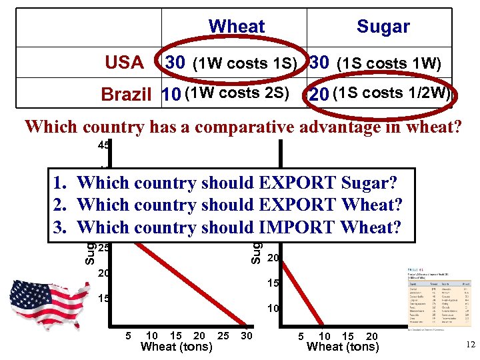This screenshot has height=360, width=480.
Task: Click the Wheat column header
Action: click(237, 27)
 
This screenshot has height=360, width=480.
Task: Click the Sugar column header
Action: click(383, 27)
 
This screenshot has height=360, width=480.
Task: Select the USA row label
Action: click(125, 63)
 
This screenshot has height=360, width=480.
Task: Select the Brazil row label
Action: click(127, 95)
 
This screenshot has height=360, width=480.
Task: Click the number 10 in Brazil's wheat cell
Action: click(171, 95)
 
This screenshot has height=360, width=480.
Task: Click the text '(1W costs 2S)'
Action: click(237, 93)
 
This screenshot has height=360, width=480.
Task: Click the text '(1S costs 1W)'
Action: click(389, 63)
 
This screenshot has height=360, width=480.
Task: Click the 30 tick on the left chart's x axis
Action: click(247, 336)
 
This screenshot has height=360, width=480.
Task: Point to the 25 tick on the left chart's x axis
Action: click(223, 336)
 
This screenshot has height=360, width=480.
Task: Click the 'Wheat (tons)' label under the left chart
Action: click(177, 347)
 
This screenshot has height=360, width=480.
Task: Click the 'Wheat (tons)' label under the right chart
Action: click(343, 347)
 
